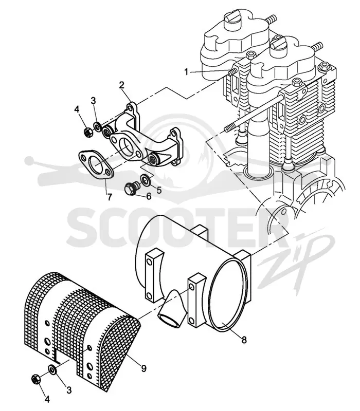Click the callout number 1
186,71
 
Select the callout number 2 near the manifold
121,85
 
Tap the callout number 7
109,196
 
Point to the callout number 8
244,340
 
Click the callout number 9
143,368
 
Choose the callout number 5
159,190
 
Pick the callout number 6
149,196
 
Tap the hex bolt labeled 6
132,189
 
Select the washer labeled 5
145,179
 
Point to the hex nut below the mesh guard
35,379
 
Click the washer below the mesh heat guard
52,369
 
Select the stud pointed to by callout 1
232,72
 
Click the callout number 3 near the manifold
94,101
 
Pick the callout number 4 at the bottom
47,399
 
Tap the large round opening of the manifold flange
125,146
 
